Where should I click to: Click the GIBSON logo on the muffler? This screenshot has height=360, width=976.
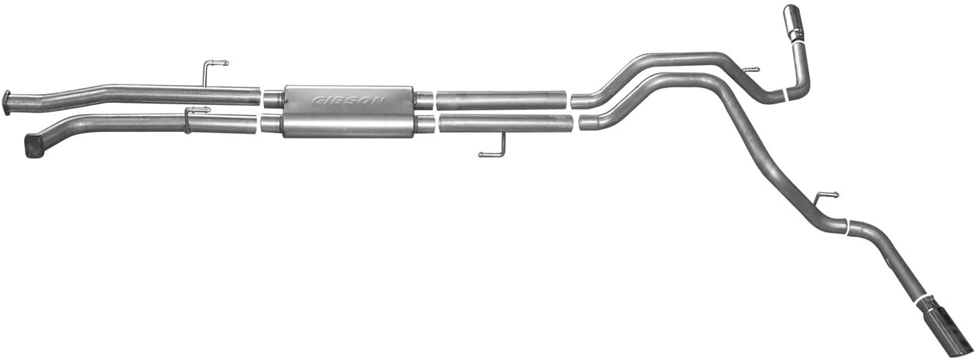[x=349, y=100]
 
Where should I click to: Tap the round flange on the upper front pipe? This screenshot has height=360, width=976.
[x=6, y=103]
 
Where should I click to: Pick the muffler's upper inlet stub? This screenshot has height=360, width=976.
[x=273, y=99]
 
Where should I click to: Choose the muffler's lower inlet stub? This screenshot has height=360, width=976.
[x=271, y=123]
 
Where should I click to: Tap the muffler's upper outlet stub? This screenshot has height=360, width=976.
[x=423, y=100]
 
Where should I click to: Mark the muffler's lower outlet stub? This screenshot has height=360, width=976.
[x=425, y=124]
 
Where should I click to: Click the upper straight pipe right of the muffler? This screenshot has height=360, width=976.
[x=502, y=100]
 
